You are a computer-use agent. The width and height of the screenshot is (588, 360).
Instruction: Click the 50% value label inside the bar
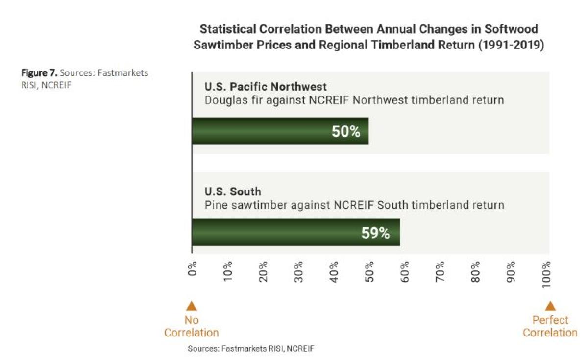pyautogui.click(x=346, y=131)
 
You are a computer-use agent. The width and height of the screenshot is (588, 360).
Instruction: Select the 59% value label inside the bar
pyautogui.click(x=375, y=233)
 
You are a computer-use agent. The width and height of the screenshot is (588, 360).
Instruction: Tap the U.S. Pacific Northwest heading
pyautogui.click(x=265, y=87)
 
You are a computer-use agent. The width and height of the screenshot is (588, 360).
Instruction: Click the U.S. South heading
pyautogui.click(x=233, y=192)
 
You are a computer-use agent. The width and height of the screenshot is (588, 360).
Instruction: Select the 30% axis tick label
pyautogui.click(x=299, y=270)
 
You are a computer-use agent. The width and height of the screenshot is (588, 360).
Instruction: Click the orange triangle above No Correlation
pyautogui.click(x=192, y=306)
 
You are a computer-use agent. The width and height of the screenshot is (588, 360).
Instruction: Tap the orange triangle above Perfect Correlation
pyautogui.click(x=550, y=306)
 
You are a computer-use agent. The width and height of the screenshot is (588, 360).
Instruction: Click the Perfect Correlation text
pyautogui.click(x=550, y=327)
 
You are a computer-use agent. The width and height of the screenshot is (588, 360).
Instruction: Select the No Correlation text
pyautogui.click(x=192, y=327)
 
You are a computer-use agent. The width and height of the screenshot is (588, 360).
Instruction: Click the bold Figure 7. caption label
pyautogui.click(x=39, y=73)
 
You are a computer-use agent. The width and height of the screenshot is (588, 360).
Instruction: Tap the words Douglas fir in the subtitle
pyautogui.click(x=228, y=101)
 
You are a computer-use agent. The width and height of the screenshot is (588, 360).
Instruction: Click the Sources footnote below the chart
pyautogui.click(x=251, y=349)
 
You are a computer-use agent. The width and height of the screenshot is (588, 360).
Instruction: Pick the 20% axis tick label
pyautogui.click(x=263, y=270)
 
